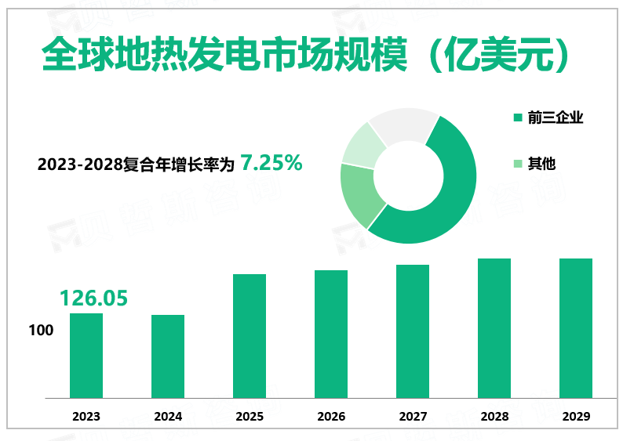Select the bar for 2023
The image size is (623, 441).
point(86,356)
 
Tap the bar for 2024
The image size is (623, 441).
point(168,356)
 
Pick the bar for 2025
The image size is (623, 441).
point(250,336)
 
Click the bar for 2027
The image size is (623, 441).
point(413,331)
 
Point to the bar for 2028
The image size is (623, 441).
point(494,328)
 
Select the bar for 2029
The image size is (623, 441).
point(576,328)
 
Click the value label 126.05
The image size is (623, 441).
point(93,298)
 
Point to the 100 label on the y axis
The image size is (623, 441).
point(41,330)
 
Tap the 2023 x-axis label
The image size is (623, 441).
point(86,417)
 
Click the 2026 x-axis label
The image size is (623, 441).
point(331,417)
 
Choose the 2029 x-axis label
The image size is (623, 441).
point(576,417)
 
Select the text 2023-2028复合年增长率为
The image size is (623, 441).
point(136,164)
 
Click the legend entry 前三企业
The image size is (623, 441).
point(555,117)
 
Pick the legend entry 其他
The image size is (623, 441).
point(541,164)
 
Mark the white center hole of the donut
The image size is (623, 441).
point(408,175)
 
